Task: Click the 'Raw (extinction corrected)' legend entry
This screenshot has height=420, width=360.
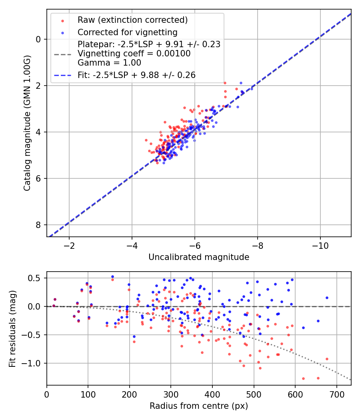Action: tap(132, 20)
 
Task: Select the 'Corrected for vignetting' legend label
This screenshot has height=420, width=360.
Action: tap(127, 32)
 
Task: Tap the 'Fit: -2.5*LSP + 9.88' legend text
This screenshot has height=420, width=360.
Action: tap(136, 75)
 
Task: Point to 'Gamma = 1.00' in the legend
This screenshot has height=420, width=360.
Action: tap(109, 62)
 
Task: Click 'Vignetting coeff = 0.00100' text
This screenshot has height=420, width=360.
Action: tap(134, 53)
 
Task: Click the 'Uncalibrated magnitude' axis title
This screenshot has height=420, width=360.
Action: tap(199, 257)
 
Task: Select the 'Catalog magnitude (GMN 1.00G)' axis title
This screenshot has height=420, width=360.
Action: tap(27, 123)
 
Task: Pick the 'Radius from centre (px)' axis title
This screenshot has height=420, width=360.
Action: tap(199, 406)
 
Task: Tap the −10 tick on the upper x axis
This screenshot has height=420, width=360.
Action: tap(320, 244)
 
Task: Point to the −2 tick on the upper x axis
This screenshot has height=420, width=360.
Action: tap(69, 244)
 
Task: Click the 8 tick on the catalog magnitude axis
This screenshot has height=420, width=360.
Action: tap(38, 225)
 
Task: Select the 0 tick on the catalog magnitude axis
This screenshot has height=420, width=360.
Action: tap(38, 39)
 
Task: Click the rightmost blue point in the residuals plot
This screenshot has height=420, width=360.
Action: tap(327, 298)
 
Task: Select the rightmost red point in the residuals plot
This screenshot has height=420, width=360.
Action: tap(327, 359)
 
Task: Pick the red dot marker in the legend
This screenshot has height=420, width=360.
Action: tap(62, 20)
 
